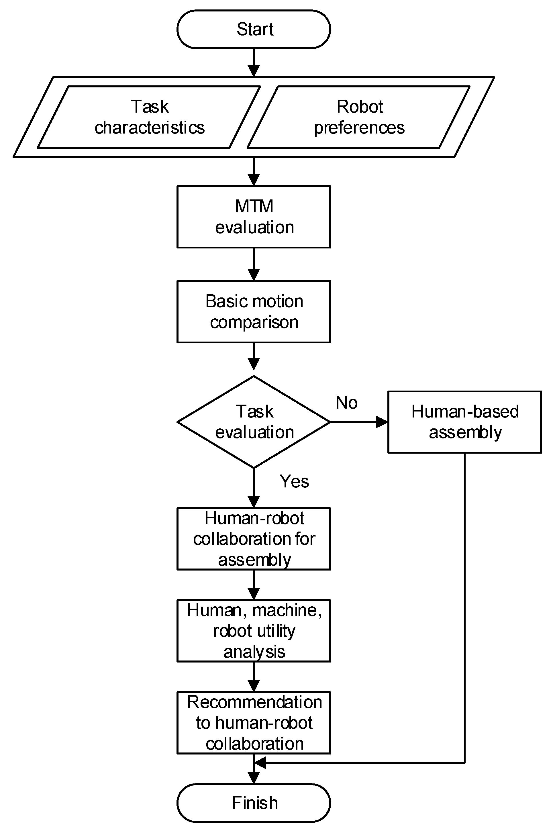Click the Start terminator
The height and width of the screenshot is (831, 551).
(x=253, y=29)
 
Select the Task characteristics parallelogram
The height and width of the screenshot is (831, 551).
(x=149, y=117)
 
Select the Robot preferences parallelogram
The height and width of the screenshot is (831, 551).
(x=359, y=117)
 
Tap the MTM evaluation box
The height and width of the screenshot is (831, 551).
(x=253, y=217)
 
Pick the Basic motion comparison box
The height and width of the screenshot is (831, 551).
(x=253, y=312)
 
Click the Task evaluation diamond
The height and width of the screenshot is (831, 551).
(x=253, y=422)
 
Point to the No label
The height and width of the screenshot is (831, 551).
(x=346, y=403)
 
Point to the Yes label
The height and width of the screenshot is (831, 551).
(x=294, y=481)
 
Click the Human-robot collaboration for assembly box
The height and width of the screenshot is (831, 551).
(x=253, y=539)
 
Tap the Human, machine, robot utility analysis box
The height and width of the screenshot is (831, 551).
(x=253, y=631)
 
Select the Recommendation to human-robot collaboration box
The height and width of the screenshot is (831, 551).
(x=253, y=723)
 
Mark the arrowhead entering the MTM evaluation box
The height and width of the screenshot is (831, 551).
(x=253, y=180)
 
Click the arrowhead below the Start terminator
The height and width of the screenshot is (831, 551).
(x=253, y=71)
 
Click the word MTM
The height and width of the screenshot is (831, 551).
(x=254, y=206)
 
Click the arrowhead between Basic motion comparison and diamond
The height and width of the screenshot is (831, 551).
(x=253, y=364)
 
